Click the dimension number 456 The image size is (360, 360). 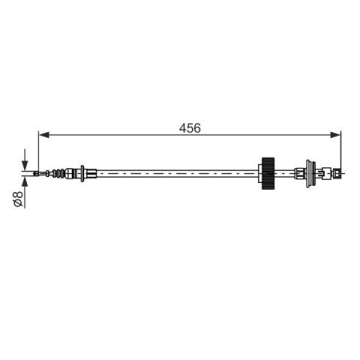[190, 128]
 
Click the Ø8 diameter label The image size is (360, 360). [18, 199]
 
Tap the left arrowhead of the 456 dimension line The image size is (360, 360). [44, 135]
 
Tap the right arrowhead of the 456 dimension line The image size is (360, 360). [335, 135]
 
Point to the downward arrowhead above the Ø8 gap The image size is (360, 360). [25, 165]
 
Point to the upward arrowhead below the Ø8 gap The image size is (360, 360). [25, 181]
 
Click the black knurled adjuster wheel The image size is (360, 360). [268, 173]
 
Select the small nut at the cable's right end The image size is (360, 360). [338, 173]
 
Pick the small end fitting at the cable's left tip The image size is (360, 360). [36, 173]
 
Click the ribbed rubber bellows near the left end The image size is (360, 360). [58, 173]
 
